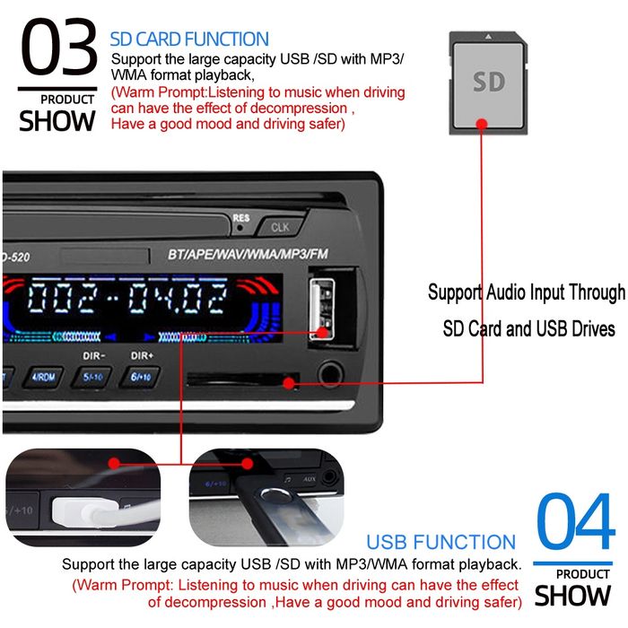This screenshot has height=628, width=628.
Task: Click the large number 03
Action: [57, 49]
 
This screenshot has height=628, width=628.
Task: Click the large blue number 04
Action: [574, 523]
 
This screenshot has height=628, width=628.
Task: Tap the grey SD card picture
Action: [489, 83]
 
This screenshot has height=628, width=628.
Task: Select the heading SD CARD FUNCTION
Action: [188, 39]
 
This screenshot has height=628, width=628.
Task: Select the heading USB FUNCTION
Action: [440, 542]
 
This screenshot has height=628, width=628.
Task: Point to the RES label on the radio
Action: [240, 217]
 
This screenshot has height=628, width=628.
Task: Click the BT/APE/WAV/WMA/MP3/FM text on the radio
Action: [249, 253]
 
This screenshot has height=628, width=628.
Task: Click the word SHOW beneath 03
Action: [57, 121]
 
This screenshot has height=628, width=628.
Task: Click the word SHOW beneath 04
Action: [572, 595]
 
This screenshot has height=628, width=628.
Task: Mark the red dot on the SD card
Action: [481, 125]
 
